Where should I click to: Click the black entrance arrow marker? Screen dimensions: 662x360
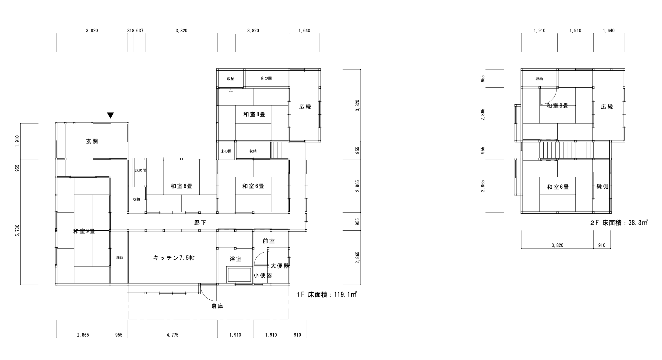[x=111, y=115]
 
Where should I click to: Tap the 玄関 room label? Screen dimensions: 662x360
[x=92, y=141]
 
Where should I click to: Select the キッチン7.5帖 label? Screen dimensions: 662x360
[x=174, y=258]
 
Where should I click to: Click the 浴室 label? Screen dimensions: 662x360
[x=236, y=259]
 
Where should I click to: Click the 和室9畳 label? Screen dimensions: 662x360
[x=84, y=231]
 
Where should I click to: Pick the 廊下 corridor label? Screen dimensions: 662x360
[x=200, y=223]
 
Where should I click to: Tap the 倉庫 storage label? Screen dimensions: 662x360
[x=217, y=306]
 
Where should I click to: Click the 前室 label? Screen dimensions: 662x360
[x=269, y=241]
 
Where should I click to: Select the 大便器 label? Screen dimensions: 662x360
[x=280, y=266]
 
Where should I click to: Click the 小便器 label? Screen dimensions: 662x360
[x=263, y=275]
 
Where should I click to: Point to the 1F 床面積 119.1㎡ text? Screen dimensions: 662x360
[x=327, y=295]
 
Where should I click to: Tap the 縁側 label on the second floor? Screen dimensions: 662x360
[x=602, y=186]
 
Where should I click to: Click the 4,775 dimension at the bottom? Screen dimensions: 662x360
[x=173, y=335]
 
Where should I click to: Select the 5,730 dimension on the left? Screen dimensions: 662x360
[x=17, y=231]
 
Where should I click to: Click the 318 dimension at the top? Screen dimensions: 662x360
[x=131, y=31]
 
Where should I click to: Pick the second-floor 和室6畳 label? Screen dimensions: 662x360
[x=558, y=187]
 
